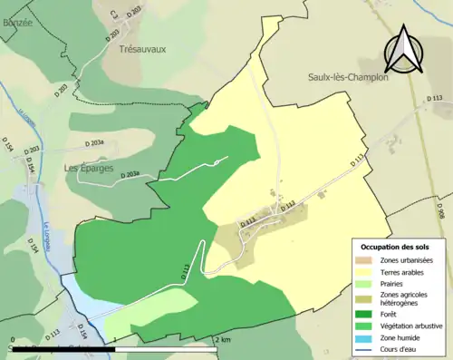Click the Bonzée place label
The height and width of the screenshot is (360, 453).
tap(16, 22)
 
